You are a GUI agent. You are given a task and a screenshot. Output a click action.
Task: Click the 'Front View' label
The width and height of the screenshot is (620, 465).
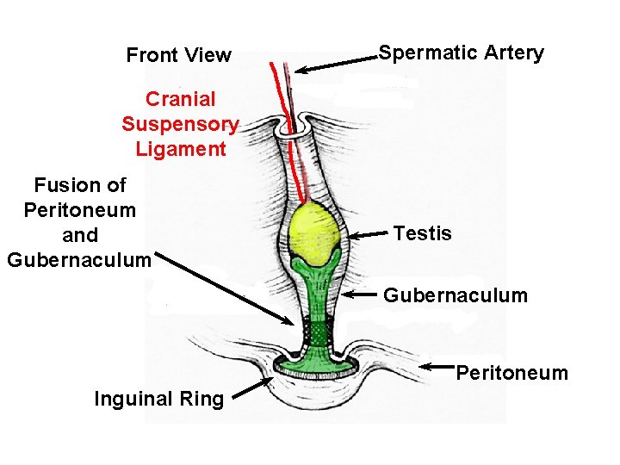point(178,56)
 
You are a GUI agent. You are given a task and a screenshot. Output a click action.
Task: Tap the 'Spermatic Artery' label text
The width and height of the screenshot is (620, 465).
point(462,53)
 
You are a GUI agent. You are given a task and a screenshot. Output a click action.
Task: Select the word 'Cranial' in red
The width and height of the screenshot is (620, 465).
point(180,99)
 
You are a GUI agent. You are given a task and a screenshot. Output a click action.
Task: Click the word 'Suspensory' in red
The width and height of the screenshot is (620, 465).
point(180,124)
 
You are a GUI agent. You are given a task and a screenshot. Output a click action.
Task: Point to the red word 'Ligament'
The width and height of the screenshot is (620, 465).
point(180,149)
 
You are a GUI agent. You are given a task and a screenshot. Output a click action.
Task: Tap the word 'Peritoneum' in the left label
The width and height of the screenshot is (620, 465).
point(79,210)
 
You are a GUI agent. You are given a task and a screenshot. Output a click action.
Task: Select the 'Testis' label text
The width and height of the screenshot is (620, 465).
point(422,233)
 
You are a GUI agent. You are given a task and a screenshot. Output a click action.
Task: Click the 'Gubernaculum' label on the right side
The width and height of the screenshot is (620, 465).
point(456,296)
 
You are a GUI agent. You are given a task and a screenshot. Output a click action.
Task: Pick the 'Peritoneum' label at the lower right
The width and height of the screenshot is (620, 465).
point(512,373)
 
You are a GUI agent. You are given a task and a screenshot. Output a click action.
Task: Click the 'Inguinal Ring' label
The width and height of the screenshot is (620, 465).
point(158,399)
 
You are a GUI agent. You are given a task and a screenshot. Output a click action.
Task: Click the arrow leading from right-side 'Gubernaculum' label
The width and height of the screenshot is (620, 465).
point(360,294)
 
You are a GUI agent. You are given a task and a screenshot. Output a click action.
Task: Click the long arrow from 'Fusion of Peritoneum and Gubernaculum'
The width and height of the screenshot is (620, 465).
point(229,289)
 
